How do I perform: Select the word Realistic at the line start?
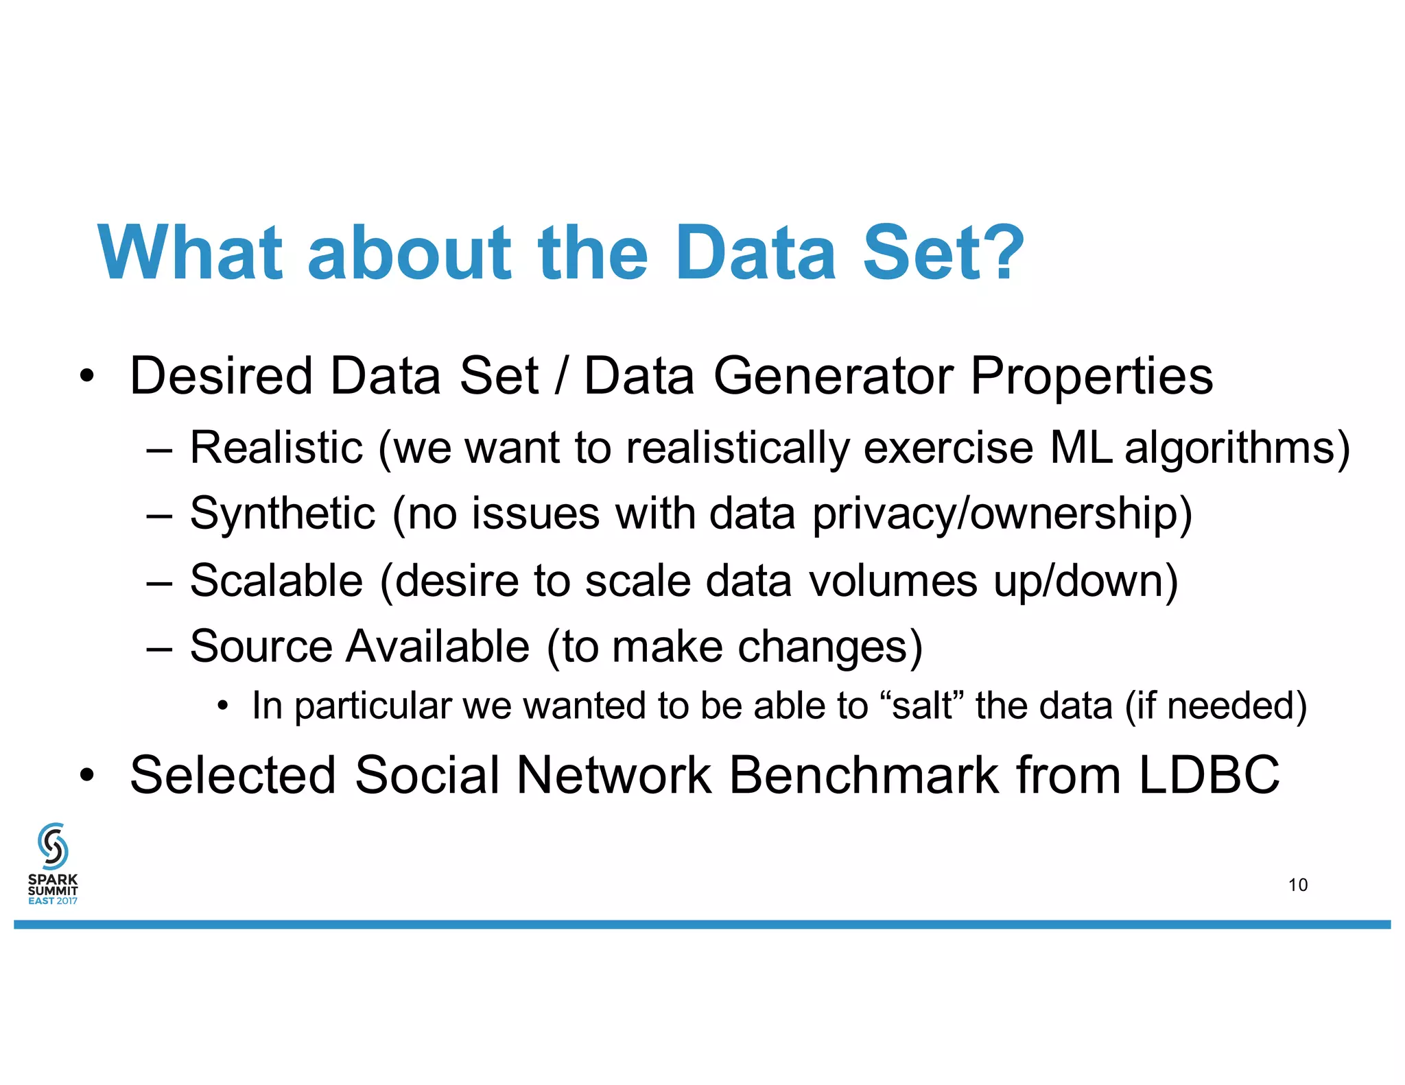click(276, 447)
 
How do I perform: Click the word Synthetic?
click(283, 513)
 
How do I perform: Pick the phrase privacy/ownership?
click(1001, 514)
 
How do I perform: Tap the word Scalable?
click(276, 580)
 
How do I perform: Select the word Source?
click(261, 646)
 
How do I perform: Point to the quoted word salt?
click(921, 705)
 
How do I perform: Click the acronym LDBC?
click(1209, 775)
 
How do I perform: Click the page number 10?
click(1297, 885)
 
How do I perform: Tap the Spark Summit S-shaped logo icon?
click(53, 846)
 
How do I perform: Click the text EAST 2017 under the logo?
click(53, 901)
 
